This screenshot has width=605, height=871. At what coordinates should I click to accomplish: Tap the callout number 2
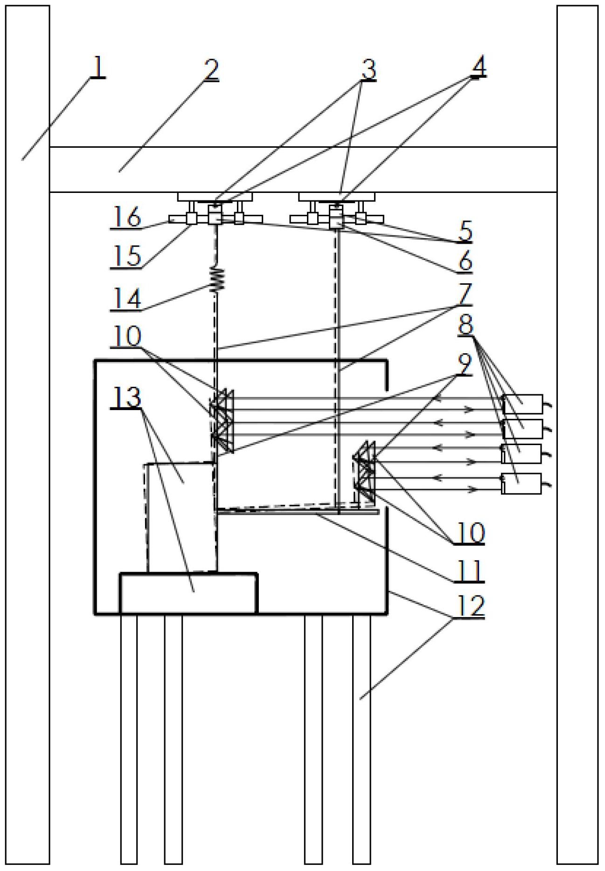(211, 70)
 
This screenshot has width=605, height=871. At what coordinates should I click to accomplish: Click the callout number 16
(125, 218)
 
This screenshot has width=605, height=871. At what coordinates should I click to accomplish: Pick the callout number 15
(125, 256)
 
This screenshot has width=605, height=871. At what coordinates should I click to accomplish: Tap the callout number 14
(125, 298)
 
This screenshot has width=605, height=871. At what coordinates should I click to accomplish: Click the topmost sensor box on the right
(523, 404)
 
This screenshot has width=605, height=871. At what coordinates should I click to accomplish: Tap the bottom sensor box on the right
(522, 483)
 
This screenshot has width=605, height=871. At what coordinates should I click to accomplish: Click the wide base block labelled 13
(188, 593)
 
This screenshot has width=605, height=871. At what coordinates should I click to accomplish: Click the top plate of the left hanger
(215, 197)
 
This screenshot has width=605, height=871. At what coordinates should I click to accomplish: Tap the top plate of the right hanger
(336, 197)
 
